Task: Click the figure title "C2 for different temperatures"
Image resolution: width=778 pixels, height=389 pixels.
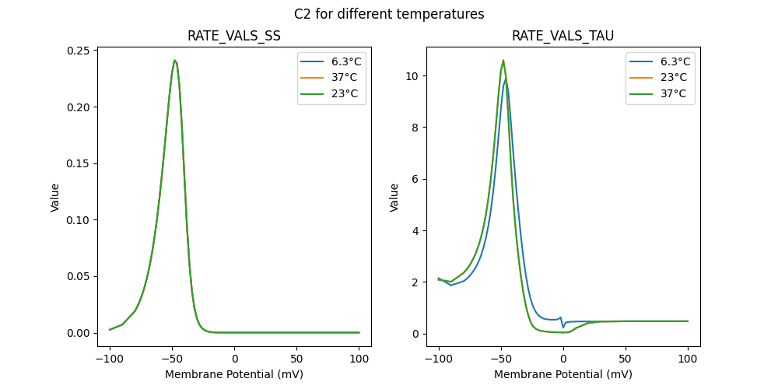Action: pyautogui.click(x=389, y=14)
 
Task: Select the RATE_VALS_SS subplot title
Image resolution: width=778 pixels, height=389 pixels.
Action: pyautogui.click(x=234, y=36)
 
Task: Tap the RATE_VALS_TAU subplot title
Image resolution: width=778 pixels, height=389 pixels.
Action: pyautogui.click(x=562, y=36)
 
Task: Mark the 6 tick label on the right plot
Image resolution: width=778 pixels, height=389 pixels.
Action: pyautogui.click(x=415, y=179)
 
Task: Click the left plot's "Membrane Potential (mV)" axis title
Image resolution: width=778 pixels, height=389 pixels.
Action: pyautogui.click(x=234, y=374)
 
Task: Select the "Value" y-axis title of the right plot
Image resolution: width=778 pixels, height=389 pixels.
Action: pyautogui.click(x=394, y=198)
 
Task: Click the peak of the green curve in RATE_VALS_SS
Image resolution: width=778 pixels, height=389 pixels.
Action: pyautogui.click(x=175, y=60)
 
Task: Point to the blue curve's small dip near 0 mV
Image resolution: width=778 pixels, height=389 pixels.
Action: pyautogui.click(x=563, y=327)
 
